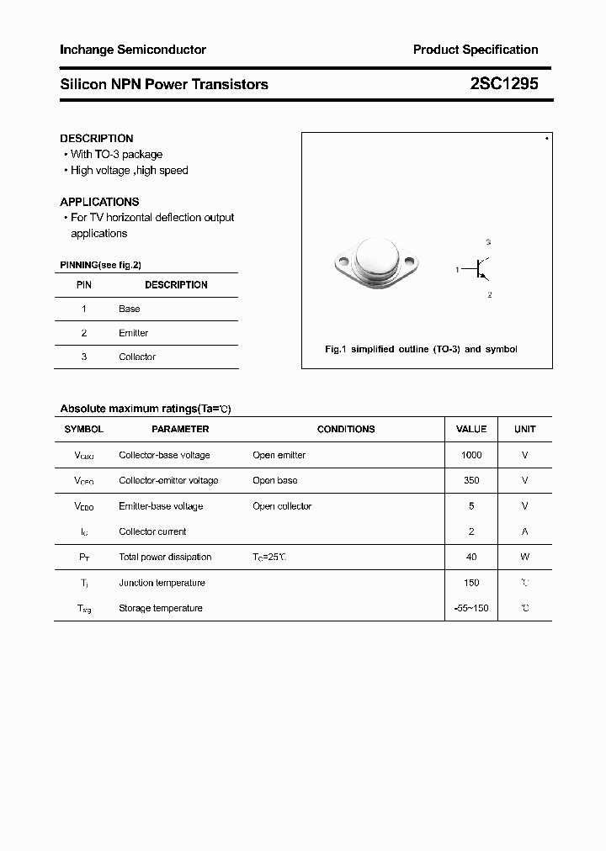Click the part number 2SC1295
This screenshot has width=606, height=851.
click(x=504, y=84)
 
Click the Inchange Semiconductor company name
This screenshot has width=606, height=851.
click(x=133, y=50)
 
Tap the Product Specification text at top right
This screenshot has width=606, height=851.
click(x=476, y=50)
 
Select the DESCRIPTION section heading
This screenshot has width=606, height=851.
click(x=97, y=138)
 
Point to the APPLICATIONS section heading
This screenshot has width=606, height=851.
click(x=99, y=202)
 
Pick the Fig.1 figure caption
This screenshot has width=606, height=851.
click(x=421, y=349)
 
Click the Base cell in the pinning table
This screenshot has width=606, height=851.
click(x=130, y=309)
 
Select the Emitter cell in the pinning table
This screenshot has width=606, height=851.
click(x=133, y=333)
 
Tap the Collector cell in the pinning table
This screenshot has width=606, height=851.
click(x=137, y=357)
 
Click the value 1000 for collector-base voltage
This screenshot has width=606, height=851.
click(x=471, y=455)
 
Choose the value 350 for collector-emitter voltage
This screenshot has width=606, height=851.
click(x=471, y=480)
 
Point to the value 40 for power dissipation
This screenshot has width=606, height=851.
click(x=471, y=557)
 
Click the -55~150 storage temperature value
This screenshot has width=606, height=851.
click(x=471, y=608)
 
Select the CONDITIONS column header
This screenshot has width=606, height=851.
click(x=346, y=429)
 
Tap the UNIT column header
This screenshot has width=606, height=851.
click(x=525, y=429)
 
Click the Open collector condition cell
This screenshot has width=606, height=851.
click(x=282, y=506)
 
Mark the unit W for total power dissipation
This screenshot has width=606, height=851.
click(x=525, y=557)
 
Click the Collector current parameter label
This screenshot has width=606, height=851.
click(x=152, y=531)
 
